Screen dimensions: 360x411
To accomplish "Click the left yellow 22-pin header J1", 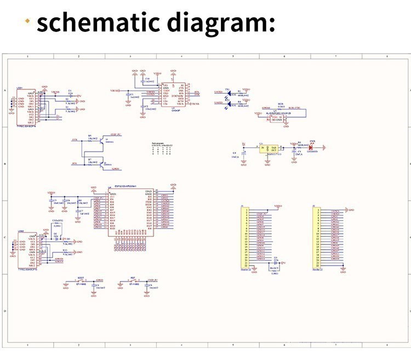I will coord(246,238).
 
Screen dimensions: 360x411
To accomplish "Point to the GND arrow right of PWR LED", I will coord(325,147).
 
